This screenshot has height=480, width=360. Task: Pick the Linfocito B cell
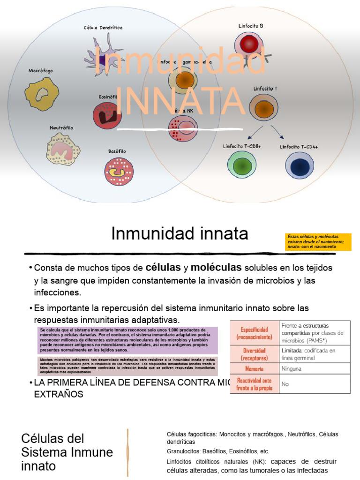tap(249, 45)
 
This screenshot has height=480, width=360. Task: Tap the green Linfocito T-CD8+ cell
tap(242, 165)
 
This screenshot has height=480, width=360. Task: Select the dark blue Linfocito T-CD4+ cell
tap(299, 166)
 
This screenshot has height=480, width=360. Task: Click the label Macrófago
tap(41, 71)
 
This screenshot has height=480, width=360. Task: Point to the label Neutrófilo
tap(61, 127)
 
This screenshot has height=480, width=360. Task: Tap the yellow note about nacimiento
tap(312, 241)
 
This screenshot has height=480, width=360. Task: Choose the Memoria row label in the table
tap(254, 368)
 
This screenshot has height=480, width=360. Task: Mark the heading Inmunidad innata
tap(180, 233)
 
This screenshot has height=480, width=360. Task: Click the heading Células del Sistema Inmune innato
tap(67, 452)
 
